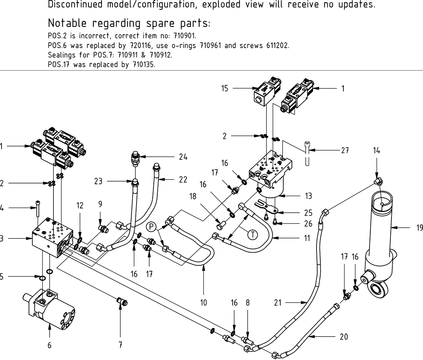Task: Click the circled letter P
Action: click(x=151, y=226)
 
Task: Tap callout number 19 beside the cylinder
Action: click(x=419, y=228)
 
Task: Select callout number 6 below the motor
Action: click(x=49, y=345)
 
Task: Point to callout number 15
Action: click(x=225, y=88)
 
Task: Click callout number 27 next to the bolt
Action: click(x=345, y=151)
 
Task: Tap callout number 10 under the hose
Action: click(x=203, y=303)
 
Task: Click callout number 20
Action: click(x=344, y=337)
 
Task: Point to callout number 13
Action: click(x=308, y=197)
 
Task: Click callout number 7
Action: click(x=120, y=345)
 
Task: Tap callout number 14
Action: click(x=376, y=151)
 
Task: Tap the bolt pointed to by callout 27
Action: click(x=307, y=154)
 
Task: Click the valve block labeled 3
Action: click(x=52, y=240)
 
